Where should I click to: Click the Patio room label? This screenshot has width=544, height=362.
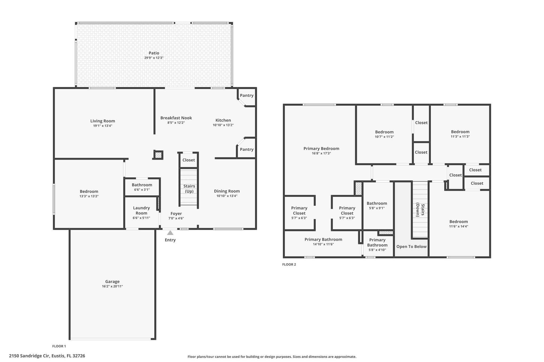(x=154, y=53)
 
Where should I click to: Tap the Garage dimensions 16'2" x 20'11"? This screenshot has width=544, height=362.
(x=112, y=286)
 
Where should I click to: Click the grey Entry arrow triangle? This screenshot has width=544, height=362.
(x=170, y=233)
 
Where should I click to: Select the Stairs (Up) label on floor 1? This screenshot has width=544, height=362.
(x=189, y=189)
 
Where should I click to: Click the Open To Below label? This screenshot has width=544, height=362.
(x=411, y=247)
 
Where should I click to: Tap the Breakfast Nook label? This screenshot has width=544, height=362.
(x=176, y=118)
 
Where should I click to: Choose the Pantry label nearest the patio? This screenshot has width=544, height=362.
(x=246, y=95)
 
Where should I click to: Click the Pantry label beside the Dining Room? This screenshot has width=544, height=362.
(x=246, y=150)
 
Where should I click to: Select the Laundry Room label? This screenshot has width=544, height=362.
(x=141, y=211)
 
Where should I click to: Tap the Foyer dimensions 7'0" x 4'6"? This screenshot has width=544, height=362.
(x=176, y=219)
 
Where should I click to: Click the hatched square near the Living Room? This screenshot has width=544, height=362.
(x=158, y=155)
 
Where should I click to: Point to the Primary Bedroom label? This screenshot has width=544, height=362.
(x=321, y=149)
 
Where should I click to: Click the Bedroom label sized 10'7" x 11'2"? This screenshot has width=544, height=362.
(x=384, y=132)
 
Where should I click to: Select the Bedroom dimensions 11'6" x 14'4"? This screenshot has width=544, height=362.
(x=458, y=226)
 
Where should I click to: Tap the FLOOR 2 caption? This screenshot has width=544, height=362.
(x=289, y=264)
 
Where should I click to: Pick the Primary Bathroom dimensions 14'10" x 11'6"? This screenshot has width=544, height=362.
(x=323, y=244)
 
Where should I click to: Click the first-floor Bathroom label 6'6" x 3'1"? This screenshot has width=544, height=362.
(x=142, y=185)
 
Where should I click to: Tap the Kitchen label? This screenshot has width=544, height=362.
(x=223, y=120)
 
